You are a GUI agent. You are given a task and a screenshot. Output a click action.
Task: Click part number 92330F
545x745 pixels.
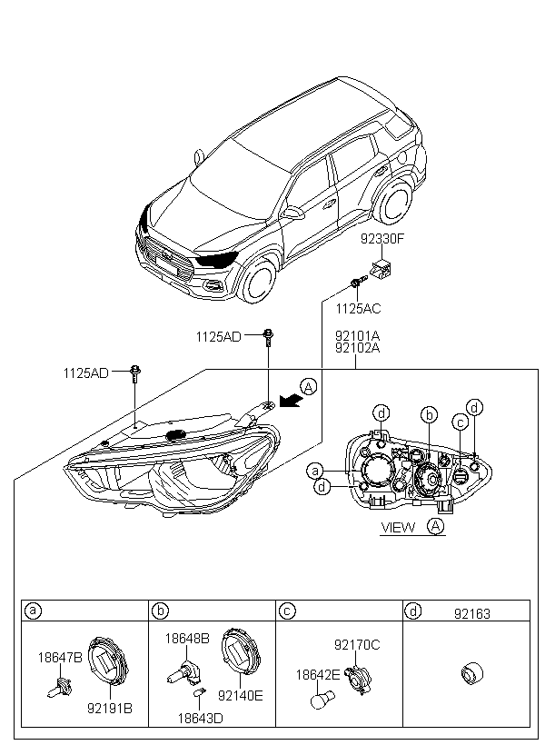click(382, 239)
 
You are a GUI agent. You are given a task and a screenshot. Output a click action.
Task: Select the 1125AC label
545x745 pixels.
click(358, 309)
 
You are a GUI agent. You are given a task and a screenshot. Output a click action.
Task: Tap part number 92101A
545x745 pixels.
click(357, 337)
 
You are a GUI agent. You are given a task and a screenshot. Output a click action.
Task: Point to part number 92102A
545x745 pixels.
click(357, 348)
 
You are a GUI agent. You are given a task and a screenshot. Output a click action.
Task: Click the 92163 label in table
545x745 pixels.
click(471, 614)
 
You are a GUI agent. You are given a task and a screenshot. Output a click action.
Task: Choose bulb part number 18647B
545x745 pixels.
click(60, 658)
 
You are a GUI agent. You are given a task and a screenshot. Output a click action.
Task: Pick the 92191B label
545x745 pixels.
click(110, 709)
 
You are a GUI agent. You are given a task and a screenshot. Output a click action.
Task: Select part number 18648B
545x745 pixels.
click(187, 639)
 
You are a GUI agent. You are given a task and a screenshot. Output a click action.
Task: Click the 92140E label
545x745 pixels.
click(241, 696)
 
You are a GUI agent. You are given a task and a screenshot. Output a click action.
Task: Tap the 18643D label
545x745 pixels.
click(200, 719)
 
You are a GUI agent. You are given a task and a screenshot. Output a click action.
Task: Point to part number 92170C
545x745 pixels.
click(357, 645)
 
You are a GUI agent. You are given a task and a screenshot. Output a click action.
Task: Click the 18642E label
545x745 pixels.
click(318, 675)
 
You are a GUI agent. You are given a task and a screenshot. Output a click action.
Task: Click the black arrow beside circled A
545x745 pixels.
click(291, 401)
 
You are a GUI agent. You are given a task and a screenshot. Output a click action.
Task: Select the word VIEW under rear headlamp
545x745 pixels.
click(398, 527)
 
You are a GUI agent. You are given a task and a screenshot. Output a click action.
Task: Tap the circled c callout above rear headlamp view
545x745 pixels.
click(460, 422)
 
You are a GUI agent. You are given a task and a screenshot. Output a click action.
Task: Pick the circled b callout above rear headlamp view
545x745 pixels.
click(429, 415)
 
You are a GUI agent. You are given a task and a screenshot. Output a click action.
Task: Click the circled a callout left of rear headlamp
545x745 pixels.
click(314, 472)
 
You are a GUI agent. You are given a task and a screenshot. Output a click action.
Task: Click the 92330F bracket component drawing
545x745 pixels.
click(381, 270)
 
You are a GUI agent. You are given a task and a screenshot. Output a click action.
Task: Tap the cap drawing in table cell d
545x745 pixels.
click(471, 674)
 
